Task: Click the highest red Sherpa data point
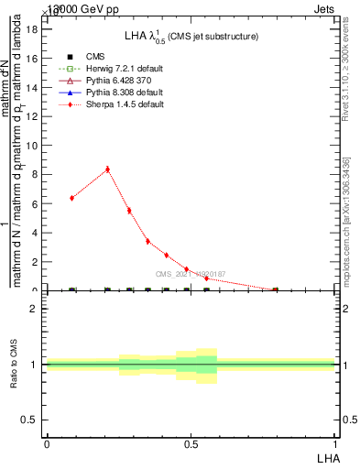pos(108,169)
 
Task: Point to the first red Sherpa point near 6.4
pos(72,198)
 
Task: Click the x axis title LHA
pos(327,457)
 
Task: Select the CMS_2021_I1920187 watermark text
pos(190,274)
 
